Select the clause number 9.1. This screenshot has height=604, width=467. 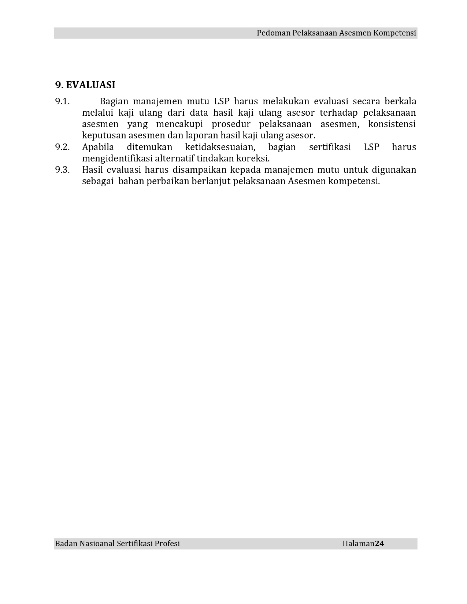pos(62,101)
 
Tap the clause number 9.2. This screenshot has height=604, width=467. pos(62,147)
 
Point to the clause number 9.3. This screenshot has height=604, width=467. pos(62,170)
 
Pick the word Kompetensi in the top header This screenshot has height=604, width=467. pos(394,33)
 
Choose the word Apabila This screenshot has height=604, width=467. pos(98,147)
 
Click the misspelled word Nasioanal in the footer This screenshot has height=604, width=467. pos(97,544)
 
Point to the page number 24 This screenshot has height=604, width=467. pos(379,544)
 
